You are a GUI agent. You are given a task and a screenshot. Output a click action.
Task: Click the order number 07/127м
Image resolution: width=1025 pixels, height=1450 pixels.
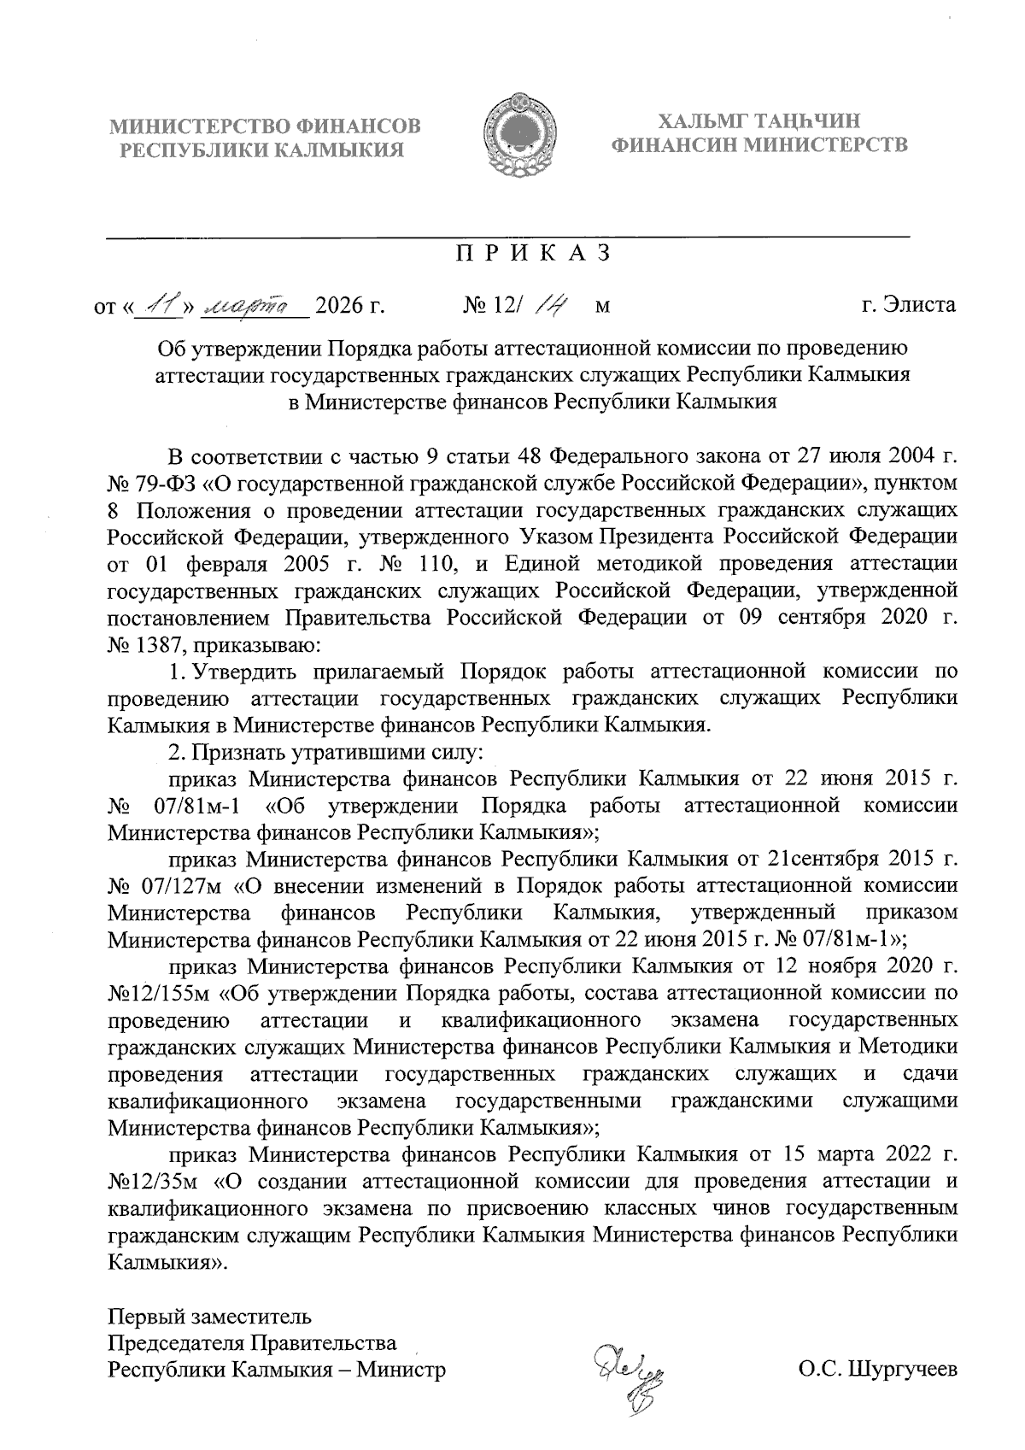click(178, 885)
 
